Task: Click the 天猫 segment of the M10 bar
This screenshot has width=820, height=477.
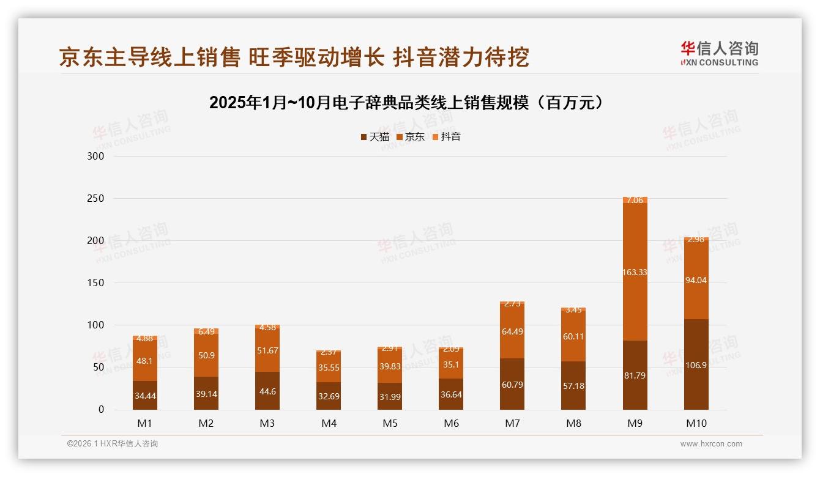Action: click(696, 364)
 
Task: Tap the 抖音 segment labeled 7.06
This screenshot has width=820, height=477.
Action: click(635, 200)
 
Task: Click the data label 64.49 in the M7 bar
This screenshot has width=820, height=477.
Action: click(512, 332)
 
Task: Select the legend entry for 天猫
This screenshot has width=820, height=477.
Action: click(375, 137)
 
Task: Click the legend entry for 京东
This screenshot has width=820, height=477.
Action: click(411, 137)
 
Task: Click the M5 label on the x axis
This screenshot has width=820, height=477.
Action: click(390, 423)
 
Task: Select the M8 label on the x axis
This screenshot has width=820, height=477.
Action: click(573, 423)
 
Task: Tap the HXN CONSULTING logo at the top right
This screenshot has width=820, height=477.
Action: click(719, 53)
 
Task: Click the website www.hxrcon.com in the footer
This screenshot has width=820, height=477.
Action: click(711, 444)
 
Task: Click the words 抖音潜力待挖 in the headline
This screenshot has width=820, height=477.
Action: click(461, 57)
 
